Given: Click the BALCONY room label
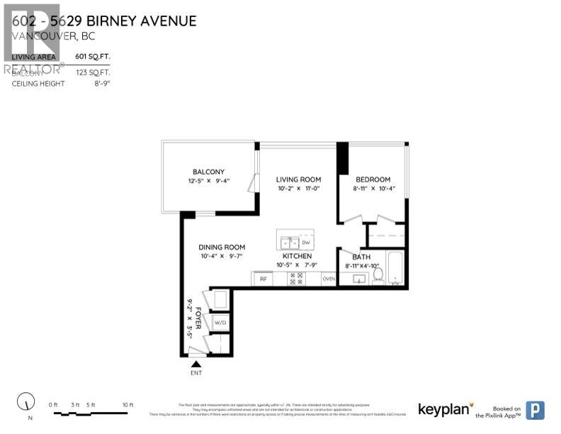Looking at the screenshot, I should point(208,172).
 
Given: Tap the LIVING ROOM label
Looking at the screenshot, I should point(298,179).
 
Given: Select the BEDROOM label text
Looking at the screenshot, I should point(372,179).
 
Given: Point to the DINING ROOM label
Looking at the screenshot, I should point(222,247).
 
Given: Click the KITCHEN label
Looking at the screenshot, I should point(297,256).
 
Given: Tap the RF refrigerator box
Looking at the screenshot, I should point(263,279).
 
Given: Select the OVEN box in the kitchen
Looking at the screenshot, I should point(329,279).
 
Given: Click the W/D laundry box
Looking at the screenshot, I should point(220,322).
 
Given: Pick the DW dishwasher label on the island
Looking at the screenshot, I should point(306,243).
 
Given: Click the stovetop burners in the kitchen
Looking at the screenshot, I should point(295,279).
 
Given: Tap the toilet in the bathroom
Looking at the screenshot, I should point(378,274).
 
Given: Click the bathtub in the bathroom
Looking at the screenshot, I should point(395,269).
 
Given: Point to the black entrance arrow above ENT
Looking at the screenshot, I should point(196,364).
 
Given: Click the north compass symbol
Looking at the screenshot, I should point(27,401).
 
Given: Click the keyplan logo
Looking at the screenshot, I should point(444,409).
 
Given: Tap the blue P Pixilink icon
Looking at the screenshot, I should point(536,410).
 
